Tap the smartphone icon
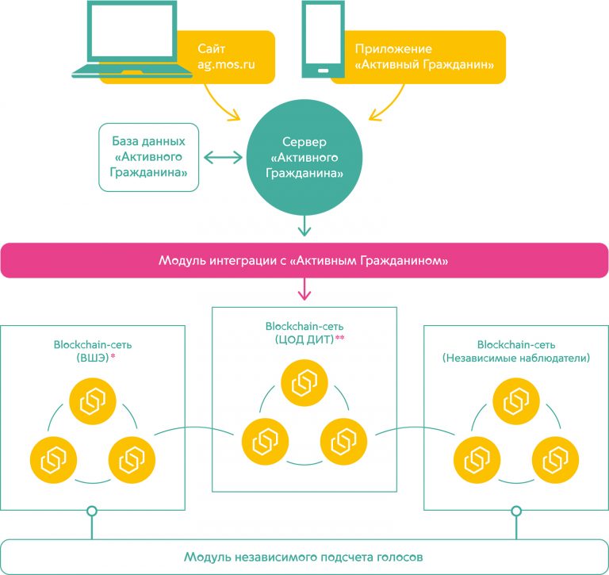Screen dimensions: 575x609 coord(322,40)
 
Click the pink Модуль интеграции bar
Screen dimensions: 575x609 coord(304,261)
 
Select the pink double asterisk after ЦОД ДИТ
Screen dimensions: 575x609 coord(340,338)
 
